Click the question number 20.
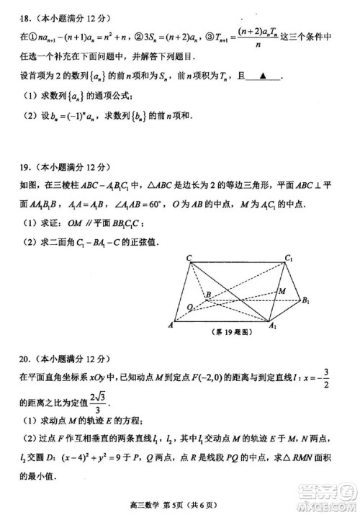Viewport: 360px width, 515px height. pos(9,358)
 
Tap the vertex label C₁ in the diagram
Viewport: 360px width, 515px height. pos(288,258)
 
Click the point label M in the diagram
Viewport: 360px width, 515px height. pos(282,291)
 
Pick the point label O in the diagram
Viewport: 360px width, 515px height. pos(189,306)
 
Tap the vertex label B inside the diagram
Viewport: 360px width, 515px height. pos(207,295)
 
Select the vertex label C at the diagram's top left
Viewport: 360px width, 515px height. pos(188,258)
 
